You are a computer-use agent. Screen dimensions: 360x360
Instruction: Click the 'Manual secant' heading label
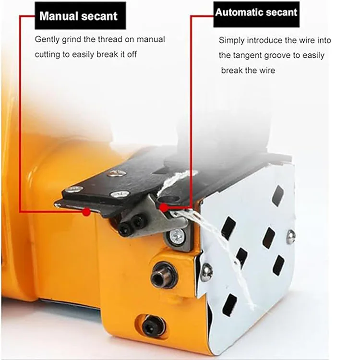click(78, 16)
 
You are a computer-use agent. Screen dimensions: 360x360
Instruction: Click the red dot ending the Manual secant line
click(86, 211)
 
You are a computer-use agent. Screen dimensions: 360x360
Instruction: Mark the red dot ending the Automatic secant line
click(164, 207)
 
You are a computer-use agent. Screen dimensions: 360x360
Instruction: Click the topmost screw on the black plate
click(117, 173)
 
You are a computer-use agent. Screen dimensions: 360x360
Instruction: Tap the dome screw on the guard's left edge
click(206, 271)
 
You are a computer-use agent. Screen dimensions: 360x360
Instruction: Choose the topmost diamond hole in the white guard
click(277, 195)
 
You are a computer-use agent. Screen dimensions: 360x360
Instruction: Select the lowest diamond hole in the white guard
click(230, 305)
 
